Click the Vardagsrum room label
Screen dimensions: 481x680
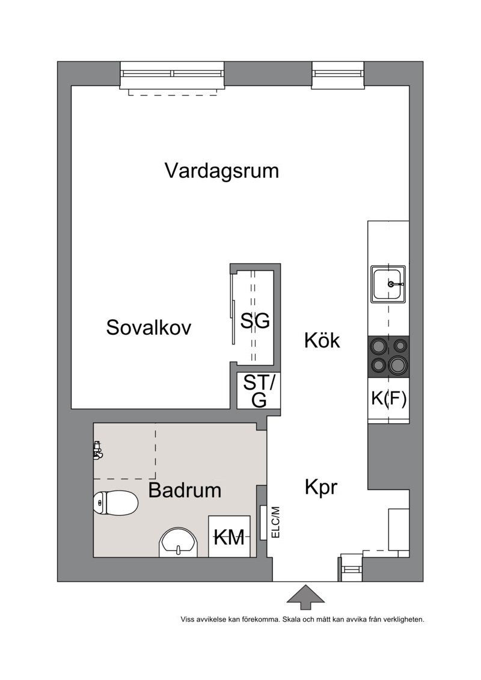click(x=222, y=171)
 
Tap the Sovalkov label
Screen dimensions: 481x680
click(x=149, y=328)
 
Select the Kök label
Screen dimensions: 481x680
click(x=322, y=340)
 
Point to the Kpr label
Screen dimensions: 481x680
click(x=321, y=488)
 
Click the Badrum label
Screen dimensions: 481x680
click(x=185, y=491)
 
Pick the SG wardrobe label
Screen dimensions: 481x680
click(x=255, y=321)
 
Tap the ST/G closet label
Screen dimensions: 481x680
click(x=259, y=391)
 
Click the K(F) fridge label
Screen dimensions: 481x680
click(x=388, y=398)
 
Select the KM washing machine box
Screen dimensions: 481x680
click(x=230, y=536)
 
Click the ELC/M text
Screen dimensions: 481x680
click(x=275, y=522)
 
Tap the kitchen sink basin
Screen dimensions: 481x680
click(x=388, y=284)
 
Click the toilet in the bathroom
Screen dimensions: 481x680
click(x=115, y=503)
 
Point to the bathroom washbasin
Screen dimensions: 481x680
click(x=178, y=542)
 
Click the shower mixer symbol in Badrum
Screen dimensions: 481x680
click(x=97, y=450)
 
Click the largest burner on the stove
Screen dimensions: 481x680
click(x=397, y=365)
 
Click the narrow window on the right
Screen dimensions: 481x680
click(x=338, y=75)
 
